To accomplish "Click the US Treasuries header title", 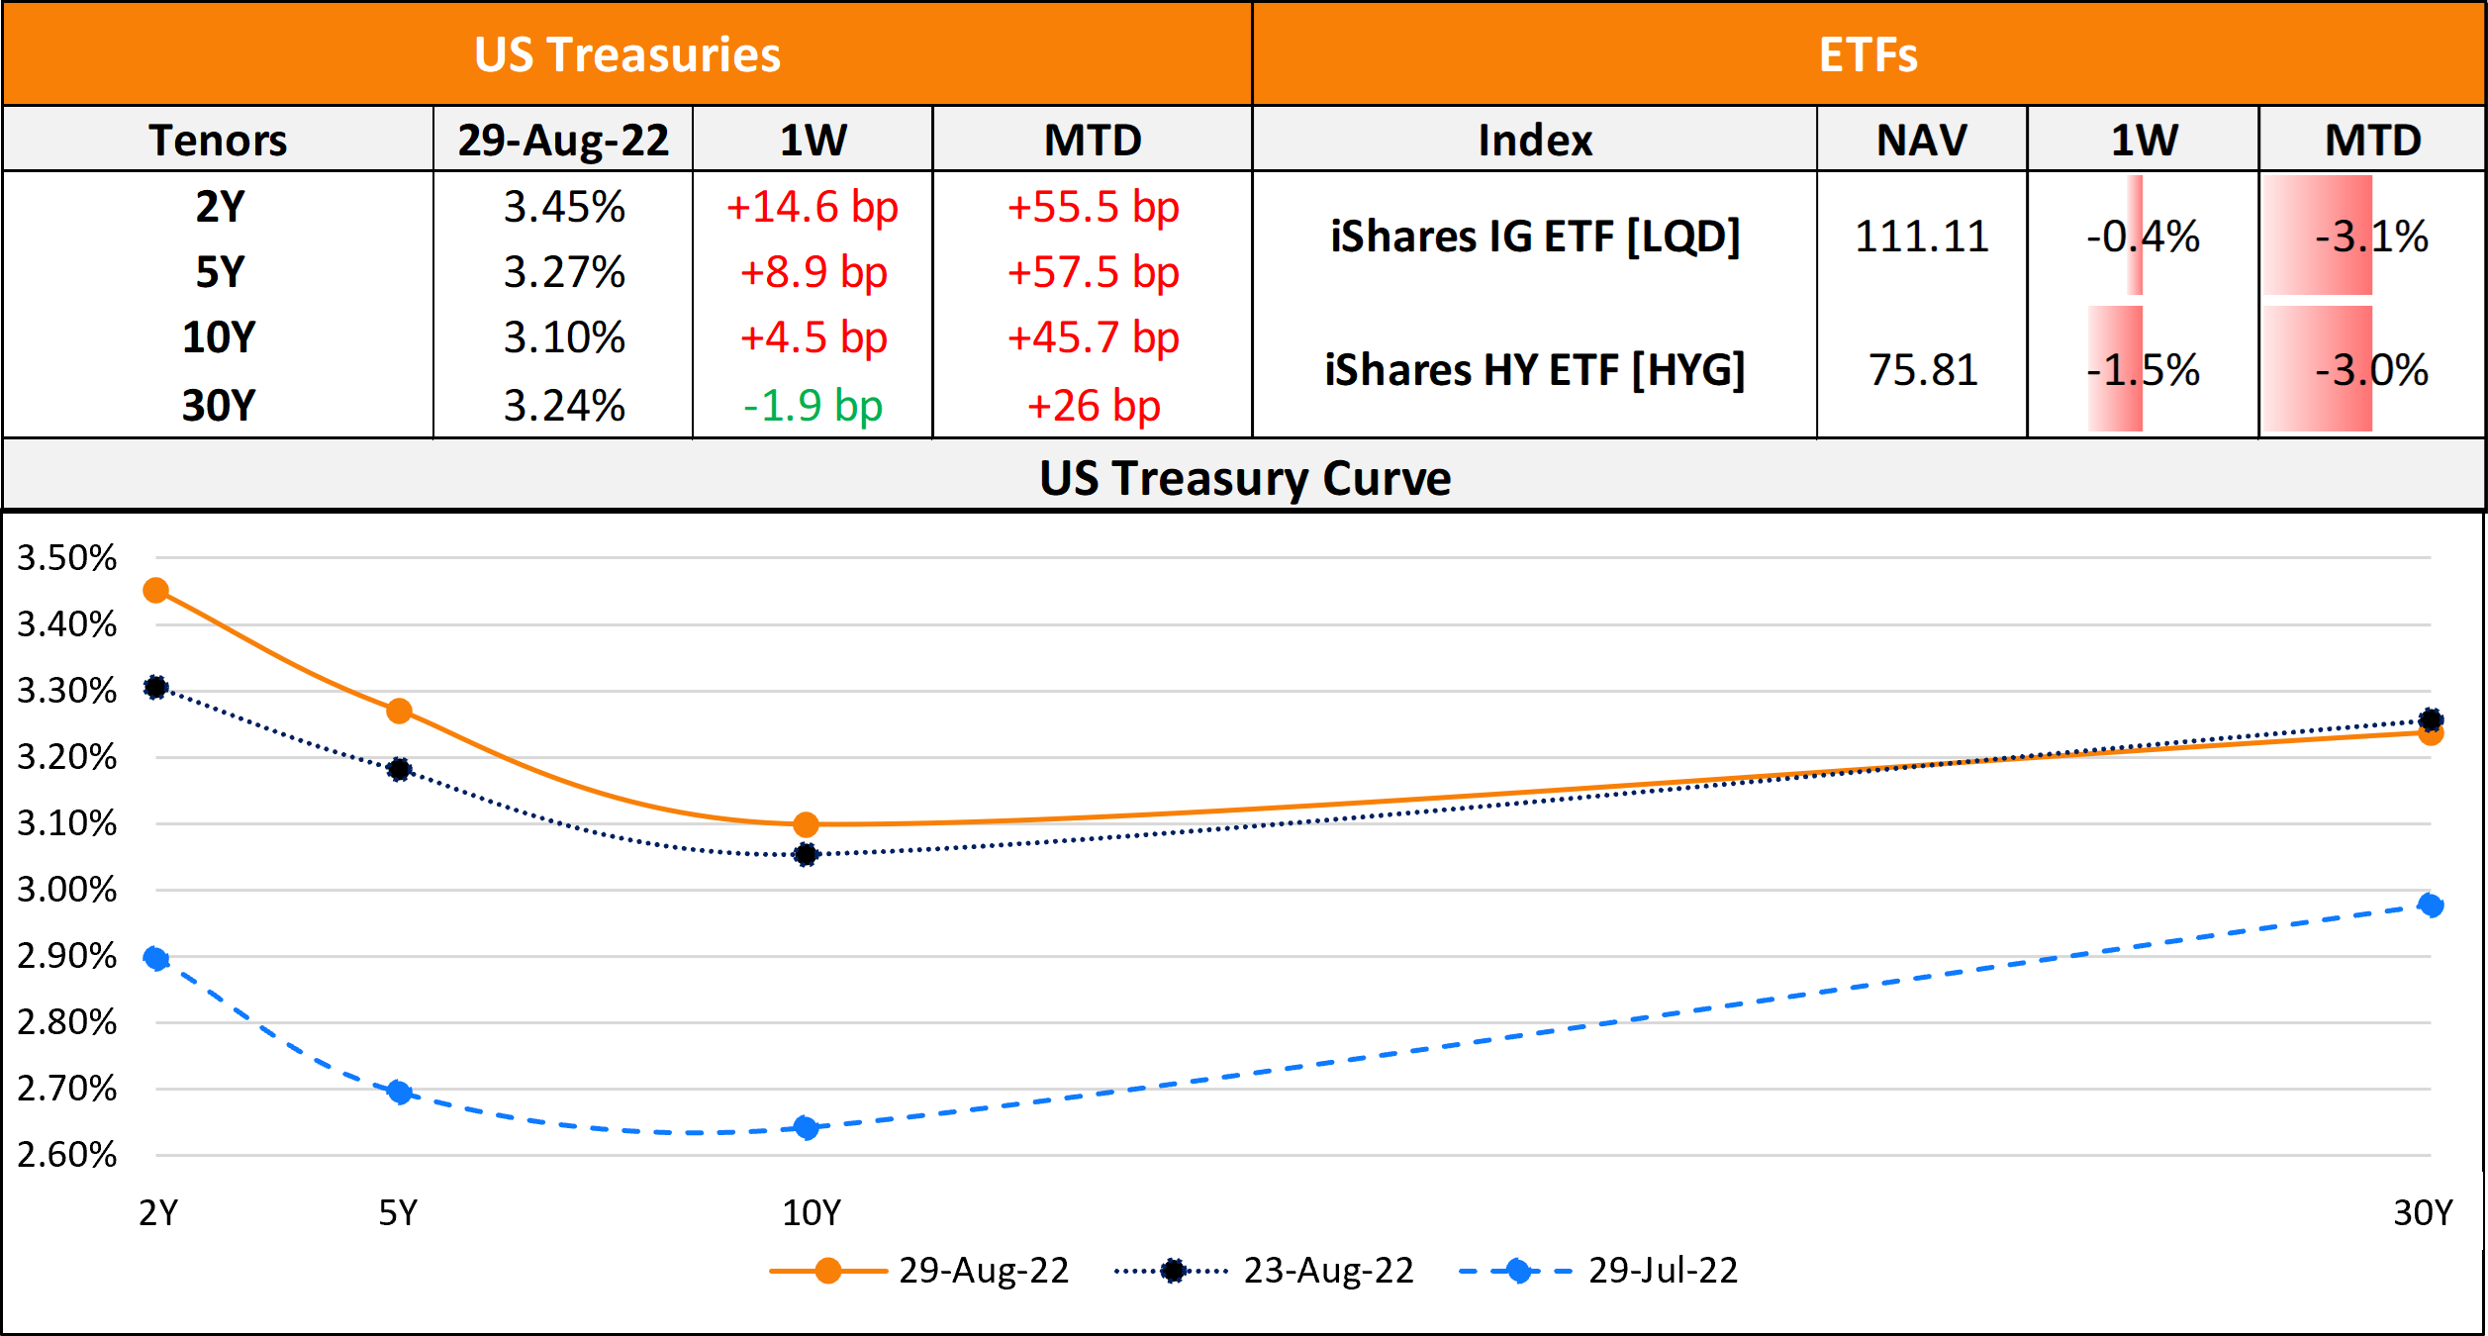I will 627,54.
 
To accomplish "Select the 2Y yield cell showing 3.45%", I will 564,207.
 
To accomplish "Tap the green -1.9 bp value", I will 813,406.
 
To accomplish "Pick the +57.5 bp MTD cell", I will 1093,272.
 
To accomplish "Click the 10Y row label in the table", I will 219,337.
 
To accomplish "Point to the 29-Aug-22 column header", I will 563,141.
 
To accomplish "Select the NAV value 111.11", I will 1921,237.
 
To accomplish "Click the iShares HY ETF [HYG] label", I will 1535,370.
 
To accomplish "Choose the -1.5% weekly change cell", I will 2143,370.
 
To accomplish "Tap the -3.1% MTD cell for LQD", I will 2371,237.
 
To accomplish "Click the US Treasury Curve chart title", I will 1245,478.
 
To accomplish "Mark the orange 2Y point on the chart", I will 156,591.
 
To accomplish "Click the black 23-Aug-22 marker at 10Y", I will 806,854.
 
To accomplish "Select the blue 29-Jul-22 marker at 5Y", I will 399,1092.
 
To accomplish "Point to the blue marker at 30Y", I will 2430,905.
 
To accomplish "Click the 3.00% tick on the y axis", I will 67,890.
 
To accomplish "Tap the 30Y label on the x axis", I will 2423,1212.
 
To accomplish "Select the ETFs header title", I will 1868,54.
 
